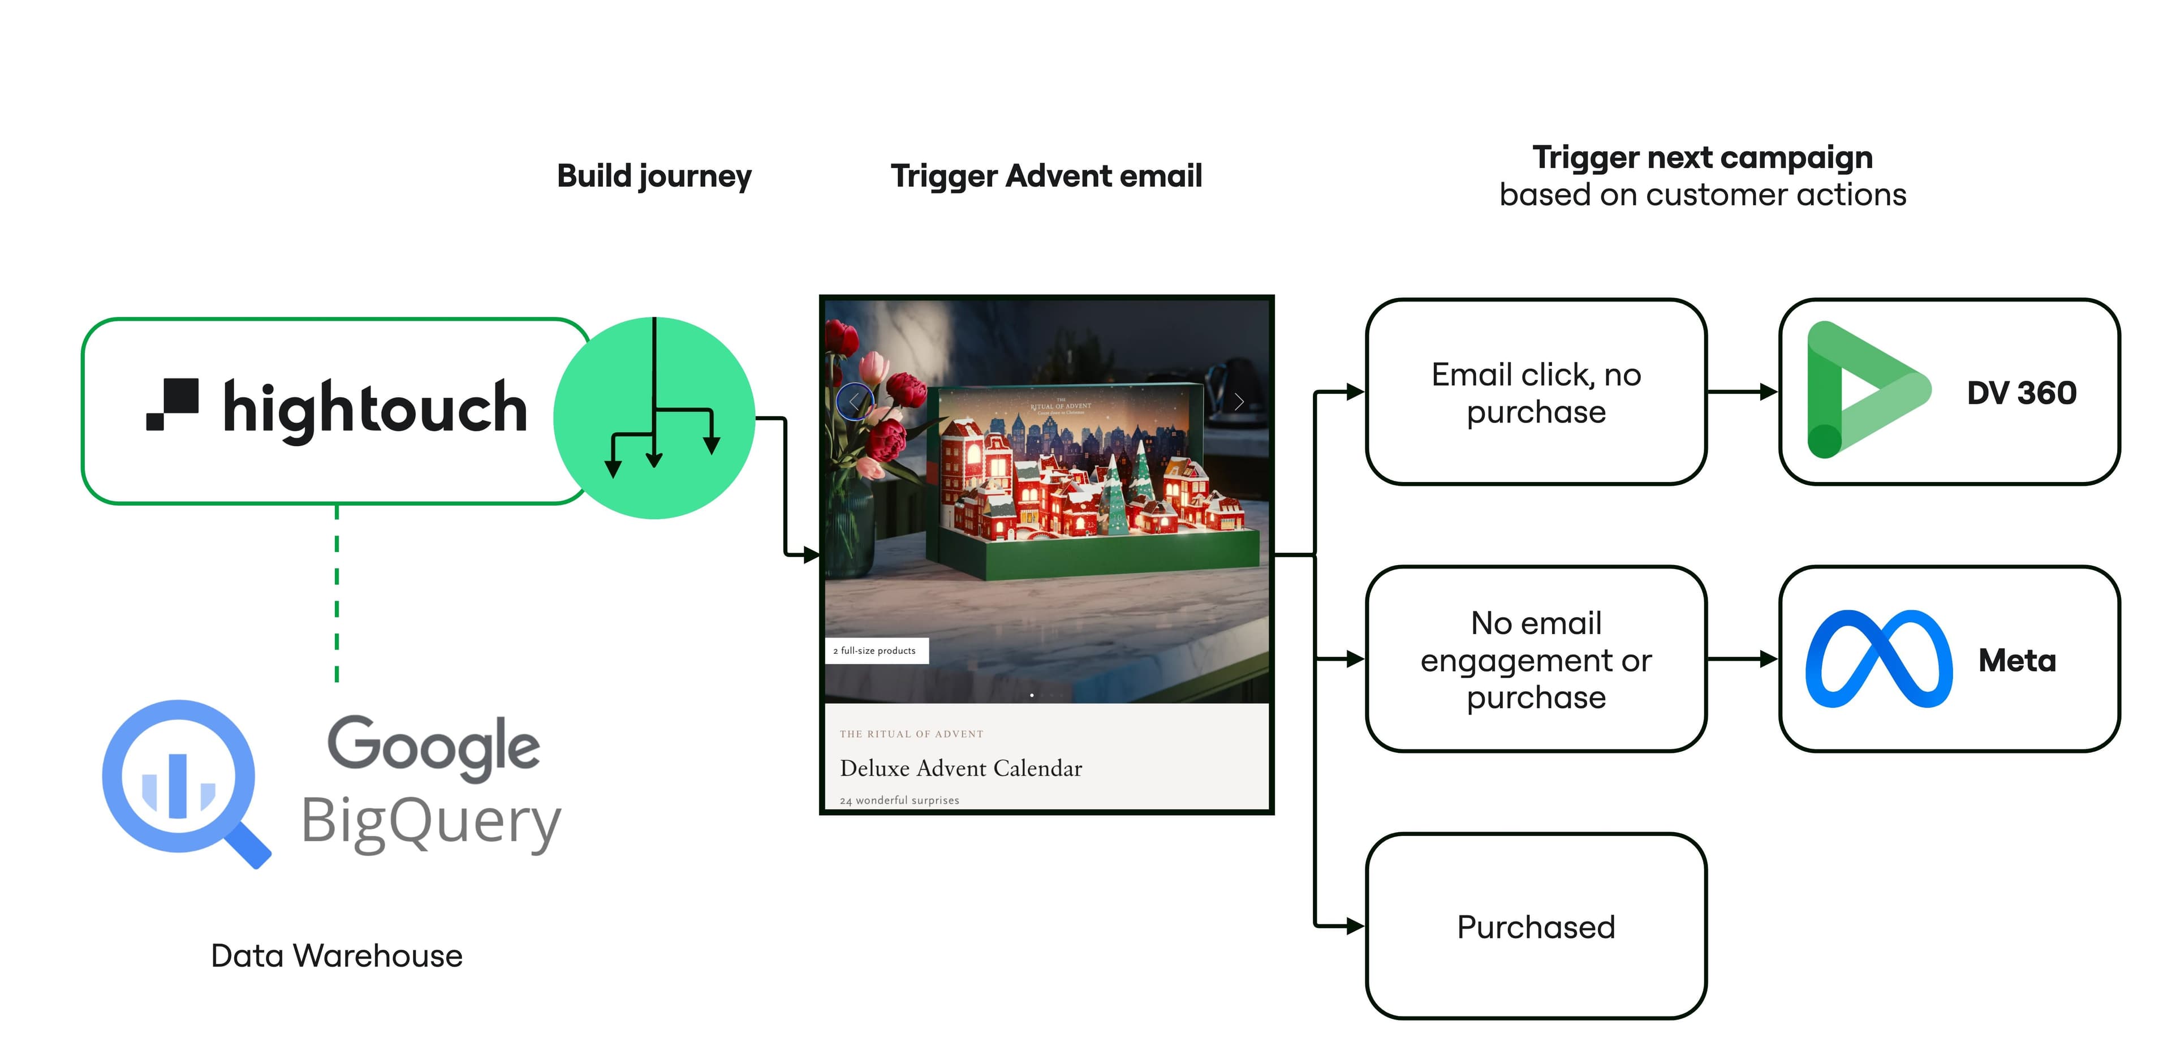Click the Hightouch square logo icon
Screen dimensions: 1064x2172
pyautogui.click(x=173, y=404)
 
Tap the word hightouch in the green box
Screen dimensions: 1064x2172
pyautogui.click(x=375, y=409)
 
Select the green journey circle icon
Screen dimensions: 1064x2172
pyautogui.click(x=654, y=417)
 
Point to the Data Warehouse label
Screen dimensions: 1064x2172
pyautogui.click(x=337, y=955)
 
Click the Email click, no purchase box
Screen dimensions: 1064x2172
pyautogui.click(x=1536, y=392)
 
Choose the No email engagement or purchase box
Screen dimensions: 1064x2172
pyautogui.click(x=1536, y=660)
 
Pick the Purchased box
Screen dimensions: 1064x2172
pyautogui.click(x=1536, y=927)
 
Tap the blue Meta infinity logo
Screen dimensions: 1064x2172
pyautogui.click(x=1878, y=660)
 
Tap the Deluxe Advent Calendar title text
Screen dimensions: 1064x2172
pyautogui.click(x=960, y=768)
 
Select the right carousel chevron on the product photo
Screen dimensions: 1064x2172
pyautogui.click(x=1239, y=401)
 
